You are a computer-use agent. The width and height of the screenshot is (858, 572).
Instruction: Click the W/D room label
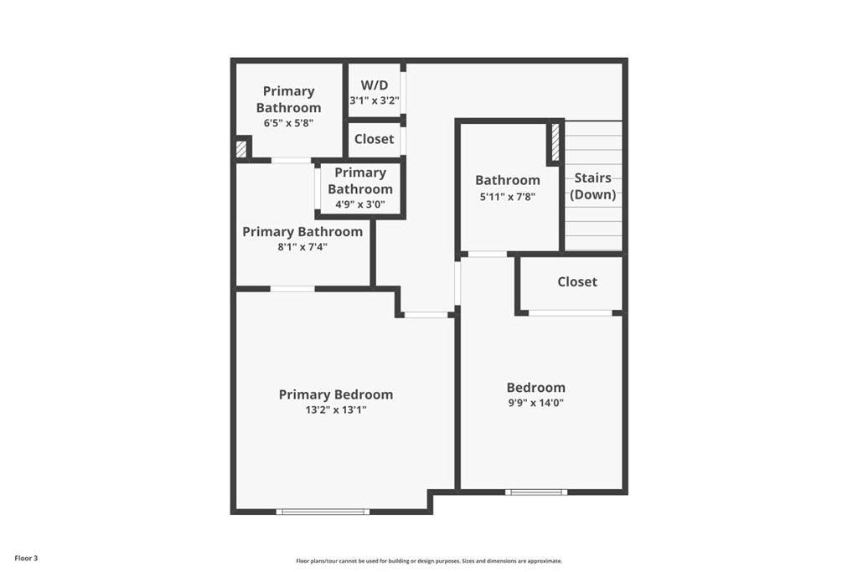click(x=375, y=85)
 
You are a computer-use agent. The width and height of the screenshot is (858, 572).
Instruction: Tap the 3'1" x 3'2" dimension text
click(x=375, y=100)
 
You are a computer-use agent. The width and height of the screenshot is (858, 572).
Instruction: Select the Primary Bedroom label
click(x=335, y=394)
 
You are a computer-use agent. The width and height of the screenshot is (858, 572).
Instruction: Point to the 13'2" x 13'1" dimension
click(x=335, y=410)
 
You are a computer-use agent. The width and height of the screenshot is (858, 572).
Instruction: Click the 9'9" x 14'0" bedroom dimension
click(x=535, y=403)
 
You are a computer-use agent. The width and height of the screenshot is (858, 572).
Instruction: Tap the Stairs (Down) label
click(x=592, y=186)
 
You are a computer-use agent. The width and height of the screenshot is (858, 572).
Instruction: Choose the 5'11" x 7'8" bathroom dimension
click(x=508, y=197)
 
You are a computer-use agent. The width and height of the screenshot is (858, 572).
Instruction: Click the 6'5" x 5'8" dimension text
click(x=288, y=123)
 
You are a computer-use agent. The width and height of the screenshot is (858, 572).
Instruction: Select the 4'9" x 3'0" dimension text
click(x=359, y=204)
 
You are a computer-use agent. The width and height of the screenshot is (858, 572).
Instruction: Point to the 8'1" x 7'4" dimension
click(x=302, y=247)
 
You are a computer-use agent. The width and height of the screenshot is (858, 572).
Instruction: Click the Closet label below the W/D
click(x=374, y=139)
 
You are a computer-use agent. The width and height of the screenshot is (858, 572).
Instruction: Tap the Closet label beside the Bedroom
click(x=577, y=281)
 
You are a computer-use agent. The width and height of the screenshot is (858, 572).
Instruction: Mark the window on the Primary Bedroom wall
click(x=323, y=511)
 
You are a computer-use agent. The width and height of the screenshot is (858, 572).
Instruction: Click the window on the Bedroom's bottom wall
click(x=536, y=492)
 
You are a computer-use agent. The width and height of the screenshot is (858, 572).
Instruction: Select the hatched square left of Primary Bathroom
click(x=241, y=149)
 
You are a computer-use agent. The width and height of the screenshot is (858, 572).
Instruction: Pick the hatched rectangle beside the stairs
click(x=555, y=142)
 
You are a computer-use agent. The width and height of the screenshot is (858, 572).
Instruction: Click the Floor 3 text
click(x=25, y=557)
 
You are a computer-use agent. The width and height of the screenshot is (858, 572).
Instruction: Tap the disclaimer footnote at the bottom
click(x=428, y=561)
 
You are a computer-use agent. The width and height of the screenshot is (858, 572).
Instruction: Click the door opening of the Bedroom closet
click(x=570, y=313)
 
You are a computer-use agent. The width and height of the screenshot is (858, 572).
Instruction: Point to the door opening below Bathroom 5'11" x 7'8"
click(x=487, y=254)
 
